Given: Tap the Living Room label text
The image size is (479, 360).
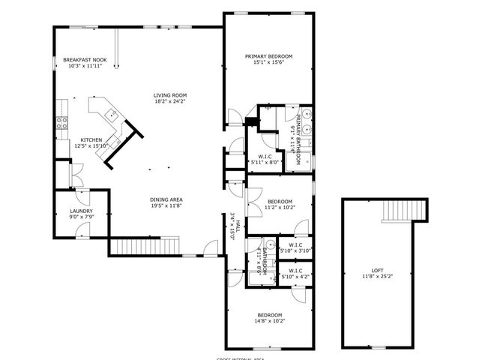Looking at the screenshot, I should (x=169, y=95).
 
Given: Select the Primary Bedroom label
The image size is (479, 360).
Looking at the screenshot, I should (x=268, y=56).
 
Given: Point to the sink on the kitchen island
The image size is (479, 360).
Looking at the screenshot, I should (x=110, y=114).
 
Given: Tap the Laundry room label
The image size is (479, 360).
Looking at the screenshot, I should (x=81, y=211).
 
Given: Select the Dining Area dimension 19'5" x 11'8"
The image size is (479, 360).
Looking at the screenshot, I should (x=167, y=205).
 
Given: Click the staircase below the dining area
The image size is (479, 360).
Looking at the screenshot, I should (x=145, y=245).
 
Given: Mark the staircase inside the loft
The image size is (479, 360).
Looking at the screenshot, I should (x=398, y=211).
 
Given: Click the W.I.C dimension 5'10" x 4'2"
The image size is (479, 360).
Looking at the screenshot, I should (x=295, y=277).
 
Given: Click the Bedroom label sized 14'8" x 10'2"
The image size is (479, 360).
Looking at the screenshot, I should (x=270, y=314).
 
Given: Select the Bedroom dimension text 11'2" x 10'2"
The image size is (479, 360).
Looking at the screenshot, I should (x=280, y=208).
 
